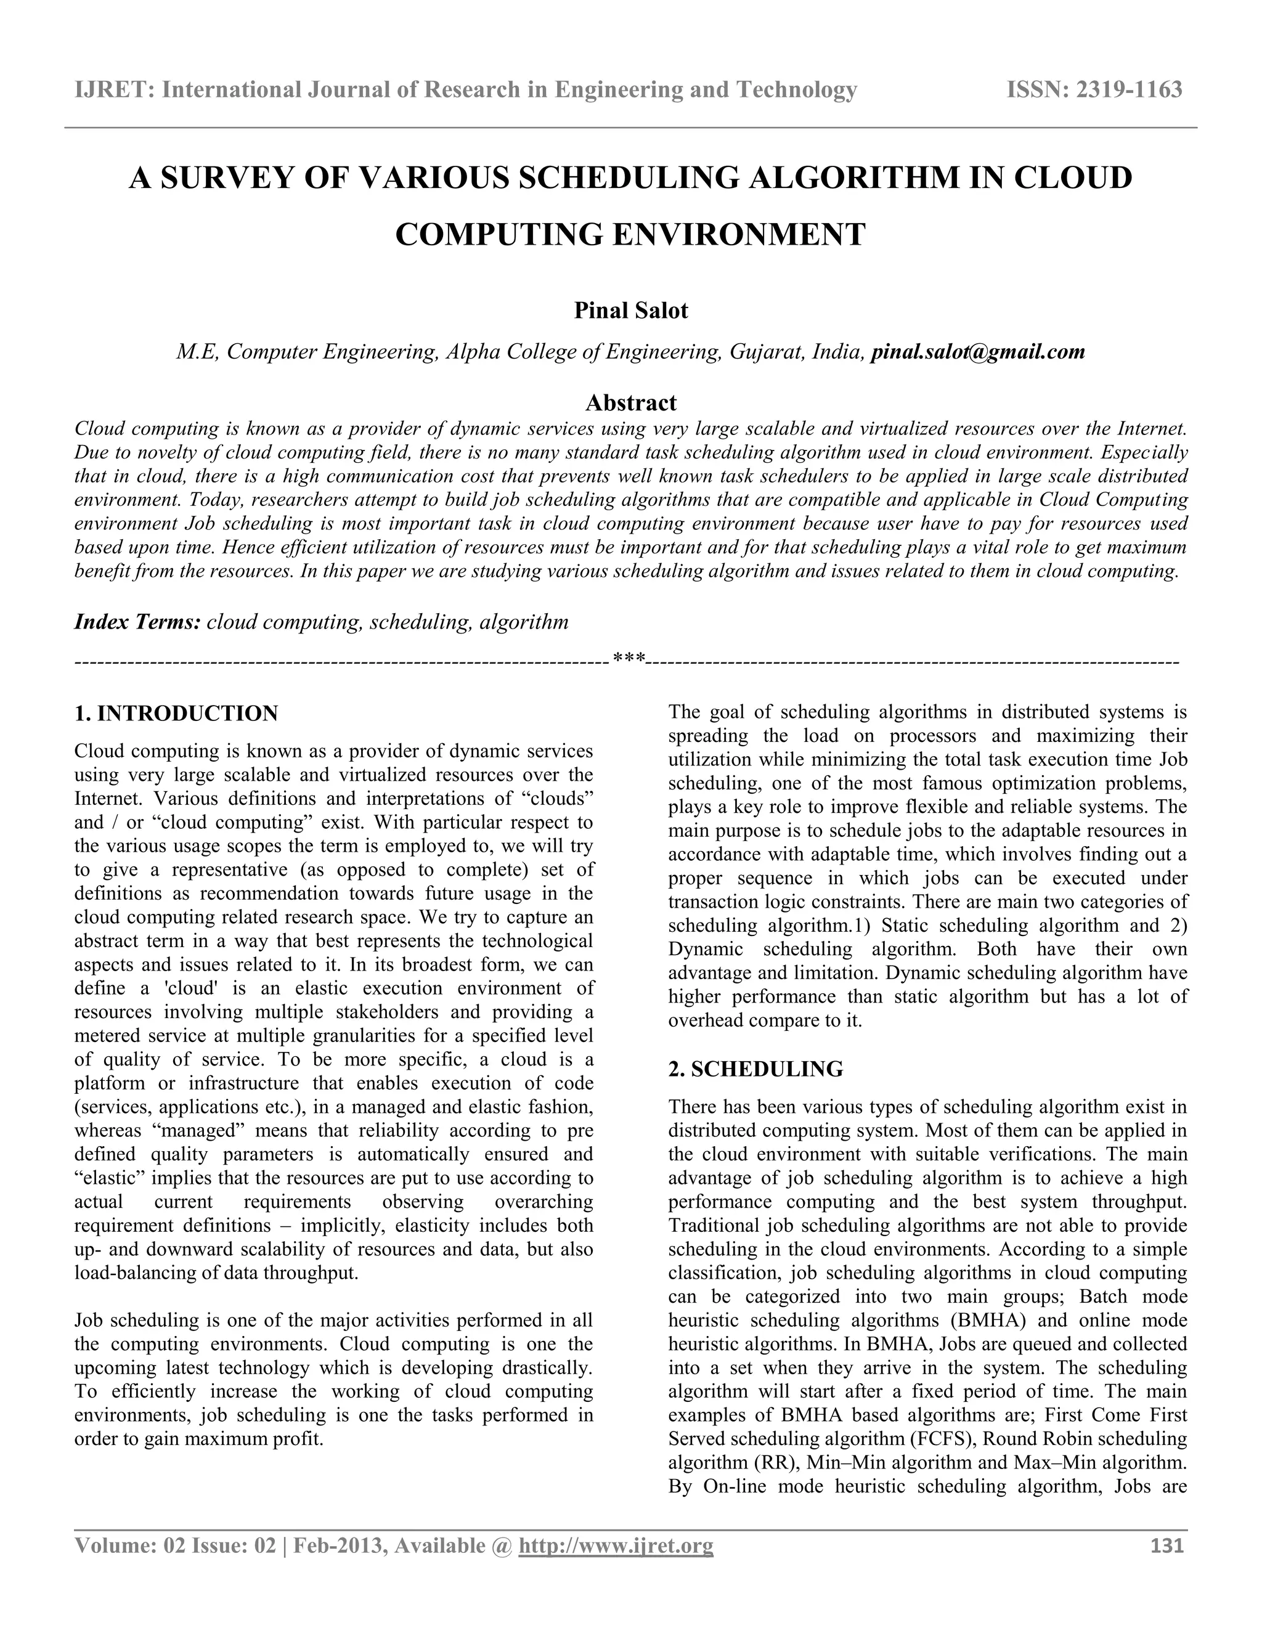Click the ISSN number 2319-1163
click(1128, 90)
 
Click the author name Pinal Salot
click(630, 311)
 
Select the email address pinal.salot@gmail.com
click(978, 351)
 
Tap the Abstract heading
click(630, 403)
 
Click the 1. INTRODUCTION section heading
click(176, 714)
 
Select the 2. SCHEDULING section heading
click(755, 1069)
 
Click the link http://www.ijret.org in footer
click(616, 1545)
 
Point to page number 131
click(1166, 1545)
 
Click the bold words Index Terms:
click(137, 622)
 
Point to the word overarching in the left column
click(543, 1202)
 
